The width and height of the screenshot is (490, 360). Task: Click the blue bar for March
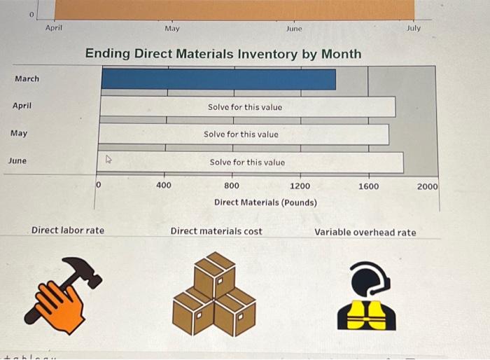coord(218,79)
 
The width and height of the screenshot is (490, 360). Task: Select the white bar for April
coord(247,107)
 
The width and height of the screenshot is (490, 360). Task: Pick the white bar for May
coord(244,134)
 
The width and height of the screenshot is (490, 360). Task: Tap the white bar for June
coord(251,162)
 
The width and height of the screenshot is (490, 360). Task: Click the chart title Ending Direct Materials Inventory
coord(223,54)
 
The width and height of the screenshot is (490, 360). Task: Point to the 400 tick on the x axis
coord(163,186)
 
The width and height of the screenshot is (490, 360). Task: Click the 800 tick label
coord(231,186)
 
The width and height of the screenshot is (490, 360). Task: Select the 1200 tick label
coord(300,186)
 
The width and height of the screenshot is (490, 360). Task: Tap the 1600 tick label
coord(368,186)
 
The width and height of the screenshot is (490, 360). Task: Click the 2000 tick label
coord(427,186)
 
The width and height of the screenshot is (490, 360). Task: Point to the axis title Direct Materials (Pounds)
coord(265,202)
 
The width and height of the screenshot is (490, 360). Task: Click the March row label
coord(27,78)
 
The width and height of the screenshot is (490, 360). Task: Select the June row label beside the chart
coord(17,160)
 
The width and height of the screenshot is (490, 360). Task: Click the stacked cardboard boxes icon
coord(215,294)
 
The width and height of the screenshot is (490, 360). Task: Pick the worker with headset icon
coord(367,296)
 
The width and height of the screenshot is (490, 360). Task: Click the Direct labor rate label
coord(68,230)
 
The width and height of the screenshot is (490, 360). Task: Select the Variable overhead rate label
coord(365,232)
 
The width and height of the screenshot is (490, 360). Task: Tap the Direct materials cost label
coord(216,231)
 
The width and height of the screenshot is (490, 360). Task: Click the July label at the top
coord(414,28)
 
